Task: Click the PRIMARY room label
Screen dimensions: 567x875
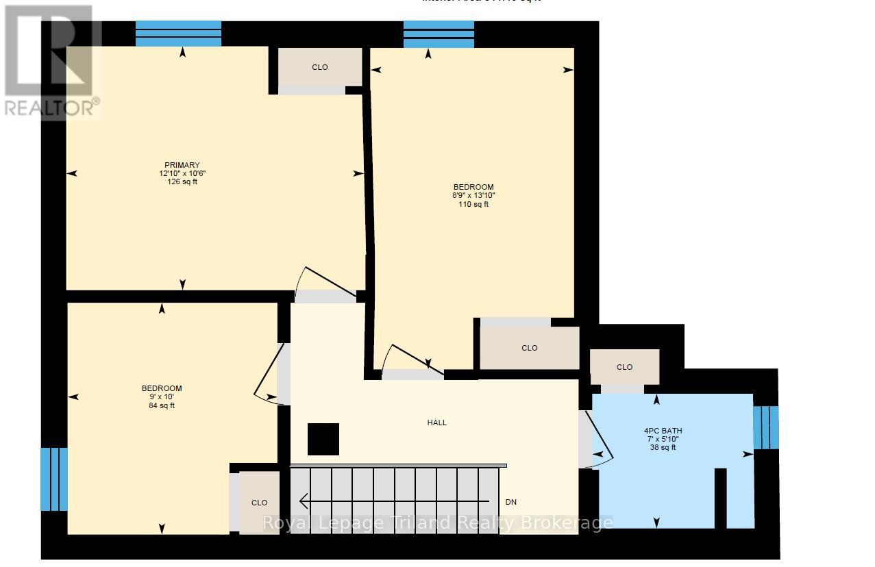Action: [182, 165]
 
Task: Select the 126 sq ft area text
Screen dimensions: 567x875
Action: [182, 181]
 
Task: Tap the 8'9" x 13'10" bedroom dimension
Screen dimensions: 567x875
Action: [473, 195]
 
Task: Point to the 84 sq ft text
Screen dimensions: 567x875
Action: [162, 405]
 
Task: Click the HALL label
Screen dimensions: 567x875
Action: [436, 423]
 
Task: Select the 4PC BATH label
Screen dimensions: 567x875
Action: [663, 431]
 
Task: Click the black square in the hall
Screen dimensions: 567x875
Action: [323, 439]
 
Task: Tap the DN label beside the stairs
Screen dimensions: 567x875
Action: [510, 502]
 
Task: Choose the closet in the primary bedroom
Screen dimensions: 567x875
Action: [319, 67]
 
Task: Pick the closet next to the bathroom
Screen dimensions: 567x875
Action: [624, 367]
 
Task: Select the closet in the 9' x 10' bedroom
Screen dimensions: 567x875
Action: [259, 503]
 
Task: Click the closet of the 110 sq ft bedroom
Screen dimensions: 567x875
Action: [529, 348]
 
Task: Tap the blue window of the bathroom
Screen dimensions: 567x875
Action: [765, 427]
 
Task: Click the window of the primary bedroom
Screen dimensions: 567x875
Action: [178, 34]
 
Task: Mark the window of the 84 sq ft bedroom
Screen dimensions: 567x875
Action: [54, 479]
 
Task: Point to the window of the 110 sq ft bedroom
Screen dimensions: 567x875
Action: [439, 34]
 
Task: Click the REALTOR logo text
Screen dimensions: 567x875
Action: [52, 108]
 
